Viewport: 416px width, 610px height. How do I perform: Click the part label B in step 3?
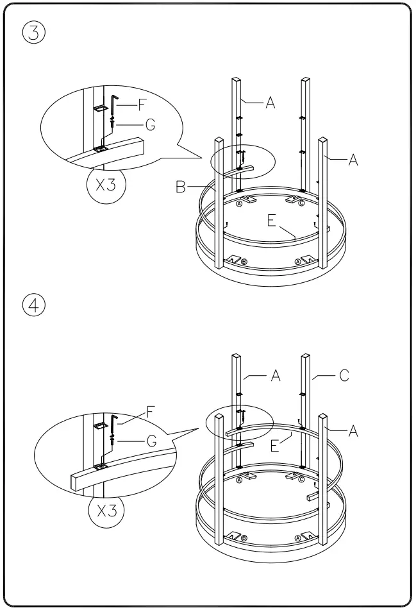[180, 187]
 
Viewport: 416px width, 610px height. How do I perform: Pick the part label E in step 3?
[271, 221]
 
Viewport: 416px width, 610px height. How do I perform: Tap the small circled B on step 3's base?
[244, 262]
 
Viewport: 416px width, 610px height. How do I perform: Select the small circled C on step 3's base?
[301, 204]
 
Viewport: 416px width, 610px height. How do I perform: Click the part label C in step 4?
[344, 376]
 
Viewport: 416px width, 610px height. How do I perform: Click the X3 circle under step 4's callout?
[106, 511]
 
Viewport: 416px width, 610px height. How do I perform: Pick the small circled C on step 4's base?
[301, 480]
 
